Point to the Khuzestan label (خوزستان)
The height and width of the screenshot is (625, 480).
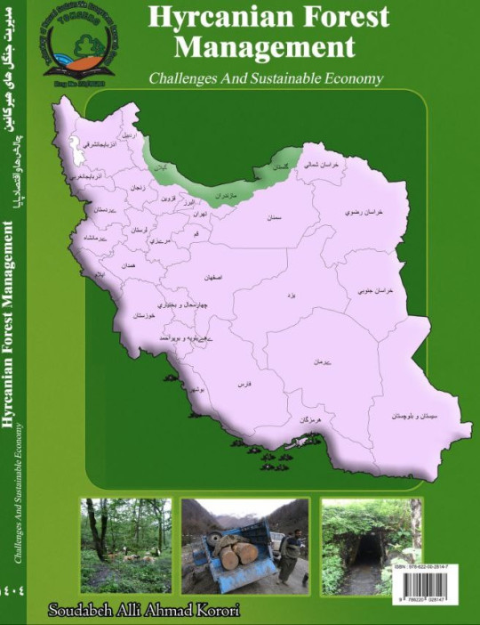pyautogui.click(x=144, y=316)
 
